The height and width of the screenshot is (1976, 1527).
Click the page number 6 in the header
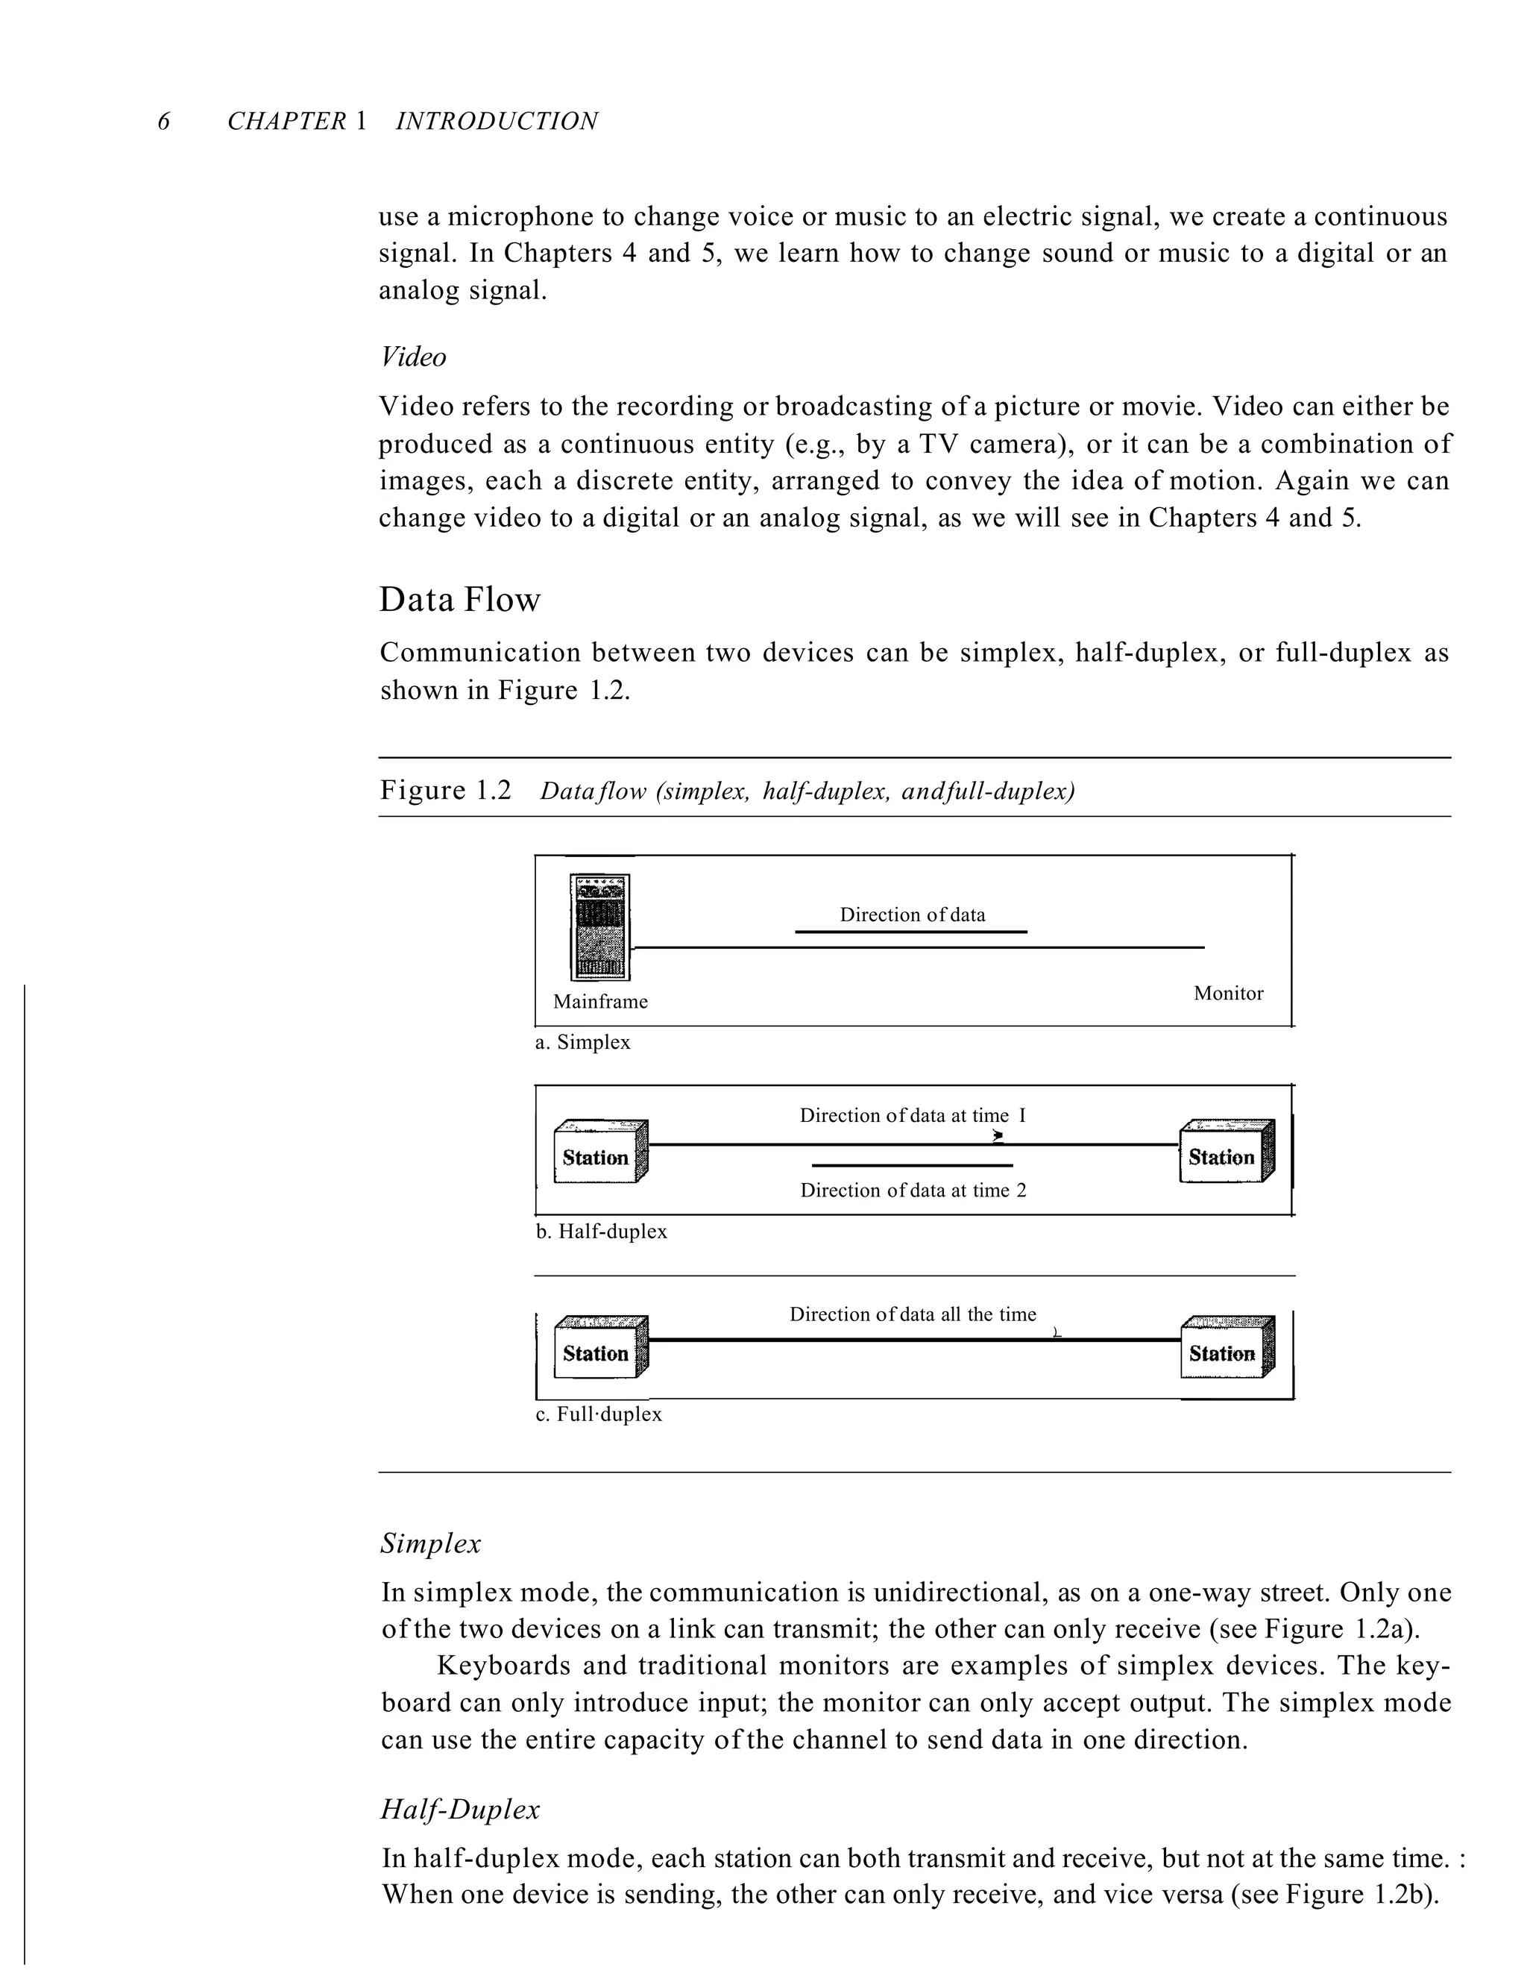click(x=164, y=122)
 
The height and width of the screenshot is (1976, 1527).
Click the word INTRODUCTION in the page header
click(x=497, y=122)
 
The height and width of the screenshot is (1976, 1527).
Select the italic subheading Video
click(x=412, y=357)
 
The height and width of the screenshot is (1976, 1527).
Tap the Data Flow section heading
click(x=459, y=600)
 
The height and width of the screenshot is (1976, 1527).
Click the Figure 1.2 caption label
click(x=445, y=791)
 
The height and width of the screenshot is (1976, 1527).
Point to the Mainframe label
click(x=601, y=1002)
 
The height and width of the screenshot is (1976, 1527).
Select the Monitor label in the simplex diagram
click(x=1227, y=994)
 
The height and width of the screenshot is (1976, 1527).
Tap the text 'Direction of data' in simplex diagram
click(x=912, y=915)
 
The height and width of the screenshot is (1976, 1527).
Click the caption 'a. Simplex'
click(x=582, y=1042)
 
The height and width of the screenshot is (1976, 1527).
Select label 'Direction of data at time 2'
click(x=913, y=1191)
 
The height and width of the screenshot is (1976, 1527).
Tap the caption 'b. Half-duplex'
click(x=602, y=1232)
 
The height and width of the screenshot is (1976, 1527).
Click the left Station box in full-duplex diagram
click(x=599, y=1349)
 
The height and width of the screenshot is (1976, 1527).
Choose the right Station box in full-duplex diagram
click(x=1226, y=1349)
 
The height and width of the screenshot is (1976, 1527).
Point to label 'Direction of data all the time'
click(x=913, y=1314)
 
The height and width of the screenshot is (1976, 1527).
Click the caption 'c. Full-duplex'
click(x=599, y=1414)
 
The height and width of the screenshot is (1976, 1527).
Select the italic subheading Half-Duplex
click(x=459, y=1810)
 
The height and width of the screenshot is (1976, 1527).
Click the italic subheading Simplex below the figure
click(x=431, y=1543)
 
